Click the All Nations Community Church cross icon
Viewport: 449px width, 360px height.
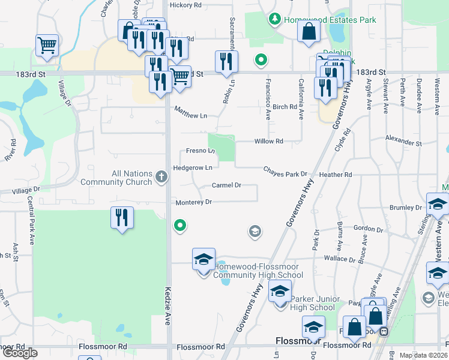[161, 176]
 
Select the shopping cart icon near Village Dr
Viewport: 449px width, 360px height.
[47, 45]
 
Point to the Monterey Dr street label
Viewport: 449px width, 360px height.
[193, 202]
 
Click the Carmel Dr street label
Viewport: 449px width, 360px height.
[226, 185]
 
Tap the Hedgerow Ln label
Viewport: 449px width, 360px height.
[192, 168]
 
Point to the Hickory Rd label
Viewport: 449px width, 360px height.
[185, 5]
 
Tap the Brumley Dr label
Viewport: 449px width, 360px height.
[406, 208]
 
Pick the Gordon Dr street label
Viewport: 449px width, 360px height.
[368, 229]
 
